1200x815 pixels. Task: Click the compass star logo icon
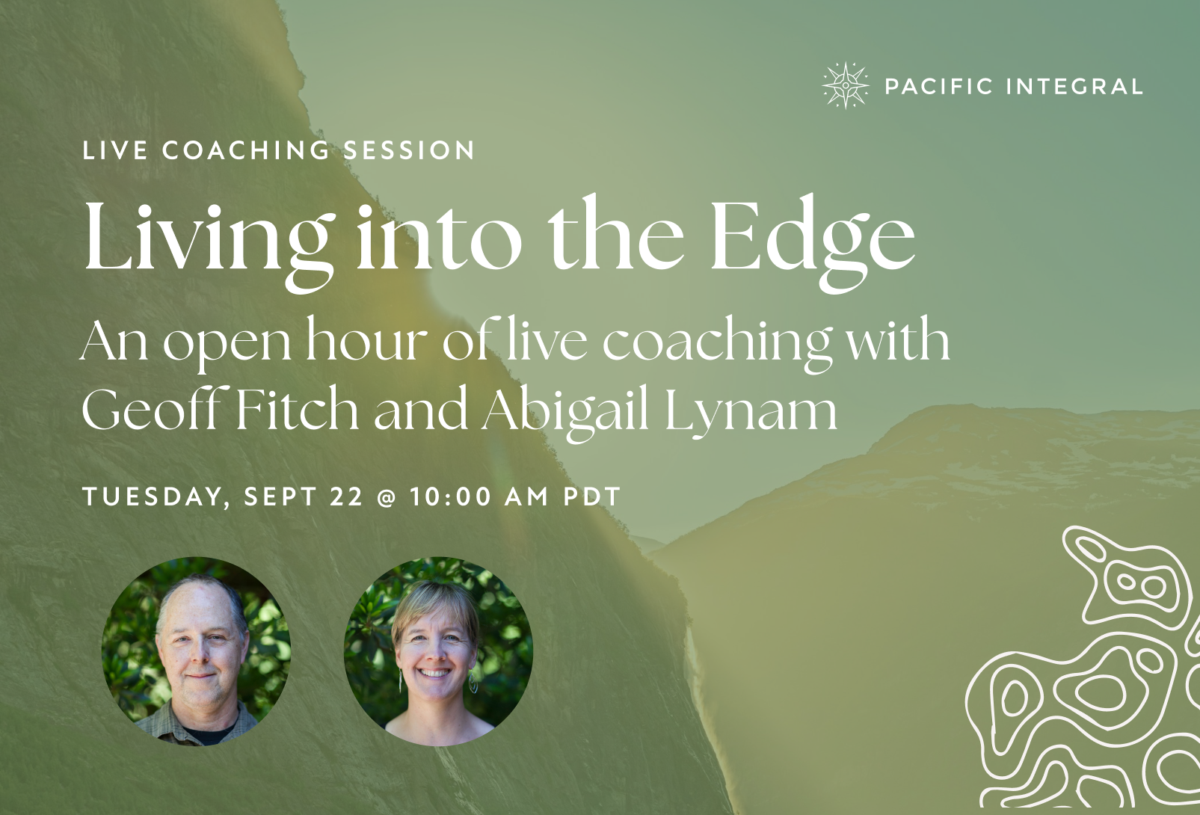tap(846, 85)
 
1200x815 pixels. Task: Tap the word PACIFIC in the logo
tap(939, 86)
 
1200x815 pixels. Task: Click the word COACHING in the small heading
tap(245, 150)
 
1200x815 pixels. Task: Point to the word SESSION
tap(409, 150)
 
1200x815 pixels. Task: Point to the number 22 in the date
tap(346, 496)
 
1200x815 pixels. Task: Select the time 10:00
tap(452, 496)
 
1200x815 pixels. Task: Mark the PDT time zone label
tap(592, 496)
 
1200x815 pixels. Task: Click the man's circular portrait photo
tap(196, 651)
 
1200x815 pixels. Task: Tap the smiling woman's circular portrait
tap(438, 651)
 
